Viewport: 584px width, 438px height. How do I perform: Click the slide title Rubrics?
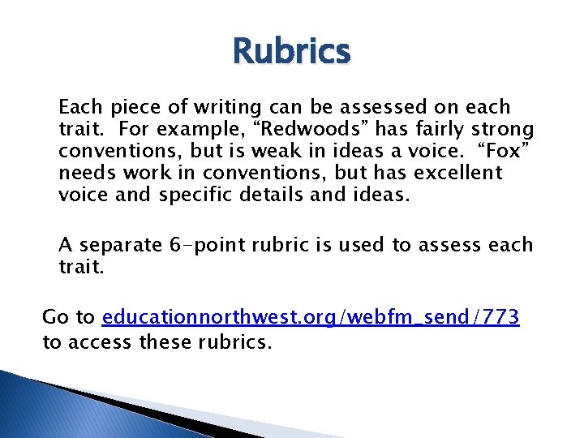291,53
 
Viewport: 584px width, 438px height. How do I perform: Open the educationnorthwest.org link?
311,316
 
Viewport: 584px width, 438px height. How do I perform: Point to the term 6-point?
209,245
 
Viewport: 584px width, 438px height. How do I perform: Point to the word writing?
221,107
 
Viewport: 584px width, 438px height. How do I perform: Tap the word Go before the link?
55,316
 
